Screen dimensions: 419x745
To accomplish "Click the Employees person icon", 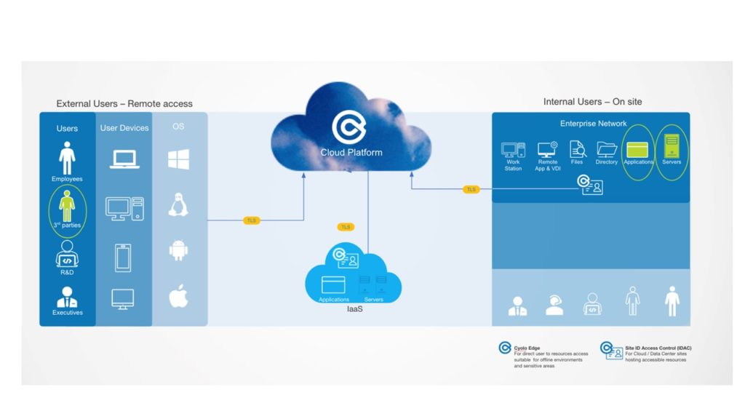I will coord(67,158).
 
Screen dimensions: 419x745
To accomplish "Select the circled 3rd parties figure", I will coord(67,206).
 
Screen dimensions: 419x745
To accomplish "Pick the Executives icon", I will coord(67,298).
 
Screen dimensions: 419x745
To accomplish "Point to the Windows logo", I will coord(178,159).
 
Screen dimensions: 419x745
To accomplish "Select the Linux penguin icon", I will coord(178,204).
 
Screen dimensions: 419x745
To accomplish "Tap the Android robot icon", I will coord(178,250).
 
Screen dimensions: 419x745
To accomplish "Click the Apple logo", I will coord(178,296).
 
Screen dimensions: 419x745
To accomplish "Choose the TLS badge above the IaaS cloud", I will coord(346,227).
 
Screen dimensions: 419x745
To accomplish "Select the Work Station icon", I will coord(513,151).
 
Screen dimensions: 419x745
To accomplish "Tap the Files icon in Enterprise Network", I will coord(578,149).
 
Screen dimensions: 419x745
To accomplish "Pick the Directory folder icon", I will coord(606,149).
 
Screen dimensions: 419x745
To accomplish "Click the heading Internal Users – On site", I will coord(592,102).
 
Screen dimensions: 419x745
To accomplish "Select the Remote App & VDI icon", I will coord(547,150).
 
